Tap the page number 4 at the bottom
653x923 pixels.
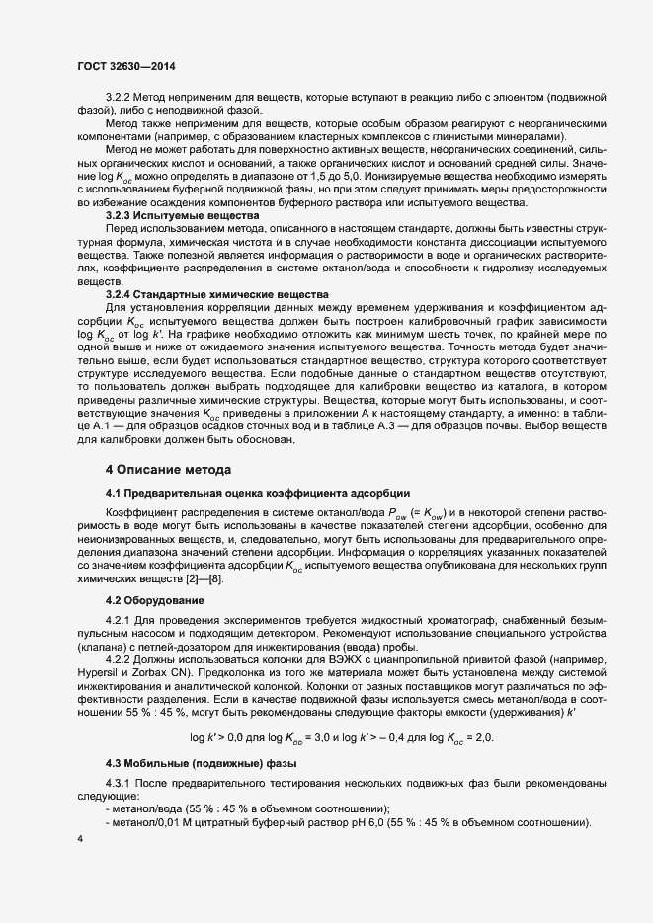79,838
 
